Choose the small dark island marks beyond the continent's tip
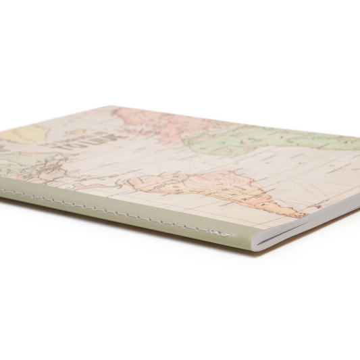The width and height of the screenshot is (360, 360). [x=314, y=217]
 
